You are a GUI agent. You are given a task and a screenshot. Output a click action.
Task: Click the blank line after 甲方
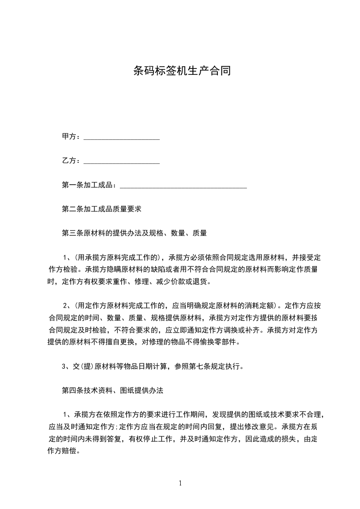122,137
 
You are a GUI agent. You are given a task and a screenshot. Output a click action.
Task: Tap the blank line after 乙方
122,161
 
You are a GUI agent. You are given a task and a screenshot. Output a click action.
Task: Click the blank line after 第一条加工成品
182,186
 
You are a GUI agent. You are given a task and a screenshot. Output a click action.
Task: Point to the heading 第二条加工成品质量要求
102,209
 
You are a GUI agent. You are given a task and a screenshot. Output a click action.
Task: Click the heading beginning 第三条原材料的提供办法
134,233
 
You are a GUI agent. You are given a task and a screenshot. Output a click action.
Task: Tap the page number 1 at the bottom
180,483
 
